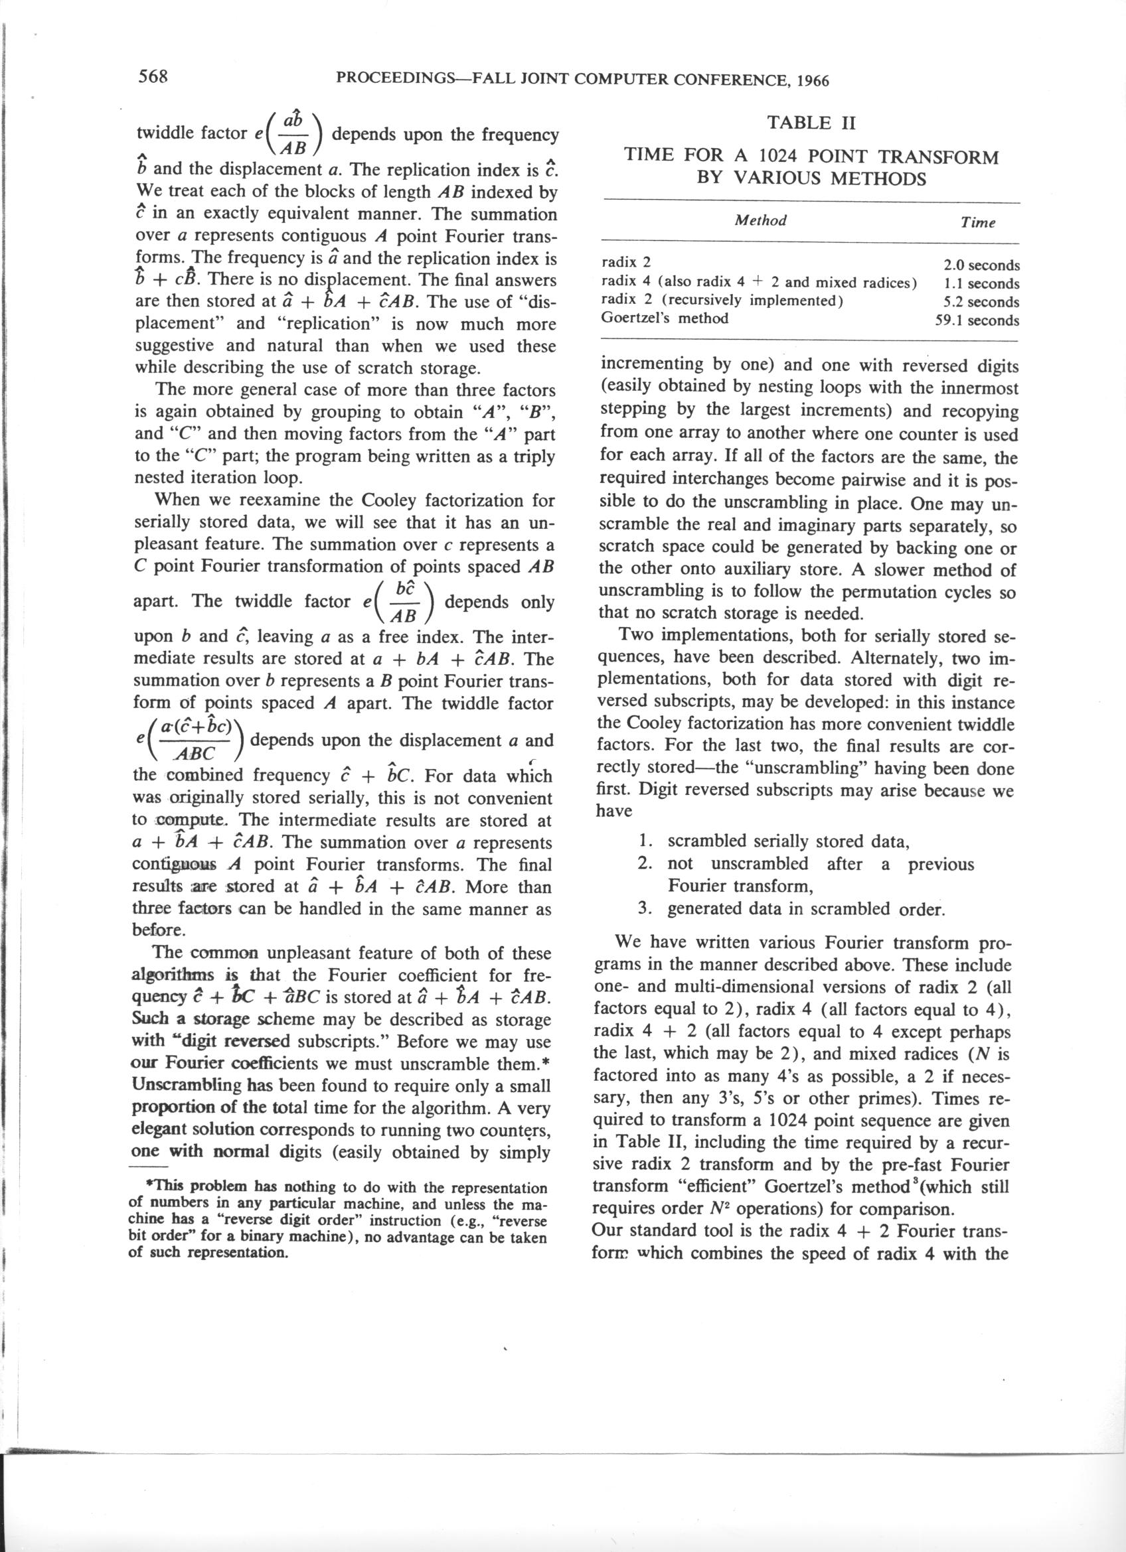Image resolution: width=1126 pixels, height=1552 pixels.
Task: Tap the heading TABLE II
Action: point(811,123)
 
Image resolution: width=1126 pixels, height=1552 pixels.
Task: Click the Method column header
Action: point(760,220)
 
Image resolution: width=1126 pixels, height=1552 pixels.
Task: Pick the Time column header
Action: point(977,222)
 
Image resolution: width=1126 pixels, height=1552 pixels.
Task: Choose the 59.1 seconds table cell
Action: point(977,321)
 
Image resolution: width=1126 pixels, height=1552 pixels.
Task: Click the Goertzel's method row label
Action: point(664,318)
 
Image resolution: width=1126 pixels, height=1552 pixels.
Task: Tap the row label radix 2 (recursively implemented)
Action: point(722,301)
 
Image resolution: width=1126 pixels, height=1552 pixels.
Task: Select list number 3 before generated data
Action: point(644,909)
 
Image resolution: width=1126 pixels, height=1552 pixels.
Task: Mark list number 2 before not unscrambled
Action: point(644,864)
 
